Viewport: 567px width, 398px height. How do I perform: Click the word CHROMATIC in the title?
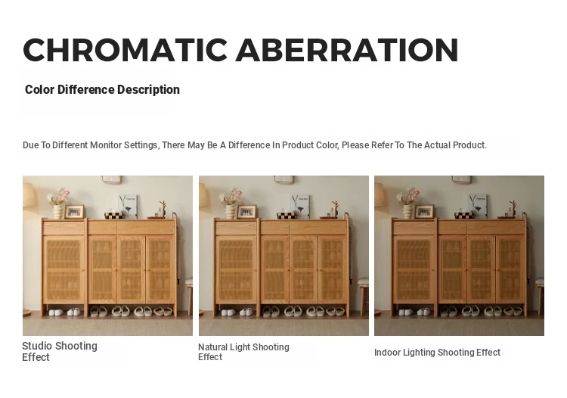click(125, 50)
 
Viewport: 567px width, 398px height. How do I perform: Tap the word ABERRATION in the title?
click(347, 50)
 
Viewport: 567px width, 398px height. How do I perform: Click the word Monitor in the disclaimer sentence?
click(106, 145)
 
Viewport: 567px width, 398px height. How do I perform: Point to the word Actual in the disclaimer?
click(437, 145)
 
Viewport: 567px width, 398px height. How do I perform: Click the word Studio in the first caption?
click(37, 346)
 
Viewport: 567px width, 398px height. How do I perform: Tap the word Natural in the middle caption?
click(212, 347)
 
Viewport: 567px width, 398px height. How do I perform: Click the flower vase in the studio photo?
click(57, 212)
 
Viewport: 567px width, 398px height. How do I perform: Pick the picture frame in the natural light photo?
click(246, 212)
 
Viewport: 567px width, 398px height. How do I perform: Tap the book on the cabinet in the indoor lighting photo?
click(478, 206)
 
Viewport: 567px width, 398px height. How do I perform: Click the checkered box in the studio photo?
click(113, 216)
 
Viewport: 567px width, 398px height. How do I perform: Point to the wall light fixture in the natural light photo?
click(283, 179)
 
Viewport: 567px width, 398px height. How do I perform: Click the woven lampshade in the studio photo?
click(30, 195)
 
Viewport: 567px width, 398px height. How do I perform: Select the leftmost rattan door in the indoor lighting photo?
click(414, 269)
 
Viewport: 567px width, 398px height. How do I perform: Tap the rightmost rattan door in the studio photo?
click(160, 269)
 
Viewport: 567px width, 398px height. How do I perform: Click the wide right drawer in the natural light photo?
click(318, 227)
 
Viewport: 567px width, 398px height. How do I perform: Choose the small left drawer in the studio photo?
click(64, 228)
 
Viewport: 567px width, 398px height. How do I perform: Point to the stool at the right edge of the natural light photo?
click(363, 295)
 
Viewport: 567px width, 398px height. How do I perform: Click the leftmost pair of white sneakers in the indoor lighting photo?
click(405, 312)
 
